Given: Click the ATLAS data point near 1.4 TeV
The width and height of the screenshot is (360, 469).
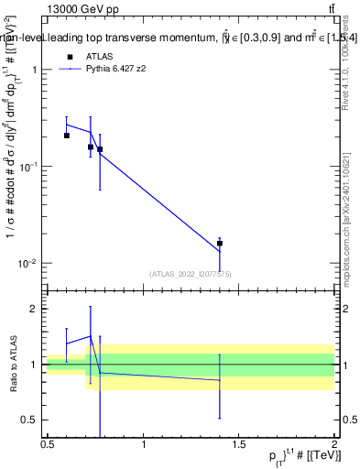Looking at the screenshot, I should (x=220, y=244).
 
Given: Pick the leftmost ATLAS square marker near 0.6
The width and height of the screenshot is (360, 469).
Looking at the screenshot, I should (x=67, y=136).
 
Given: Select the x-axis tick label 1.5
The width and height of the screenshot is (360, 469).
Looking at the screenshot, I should (x=239, y=444).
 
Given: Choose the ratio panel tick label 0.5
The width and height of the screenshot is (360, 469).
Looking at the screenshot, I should (x=32, y=420).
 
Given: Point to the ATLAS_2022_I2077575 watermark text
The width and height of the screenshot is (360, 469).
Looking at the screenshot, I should (x=190, y=274).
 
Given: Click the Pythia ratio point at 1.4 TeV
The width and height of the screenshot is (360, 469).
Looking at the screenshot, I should (x=220, y=380).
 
